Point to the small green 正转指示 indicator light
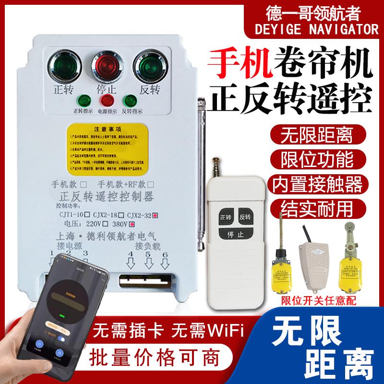[x=84, y=100]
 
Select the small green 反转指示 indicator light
[x=128, y=100]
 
